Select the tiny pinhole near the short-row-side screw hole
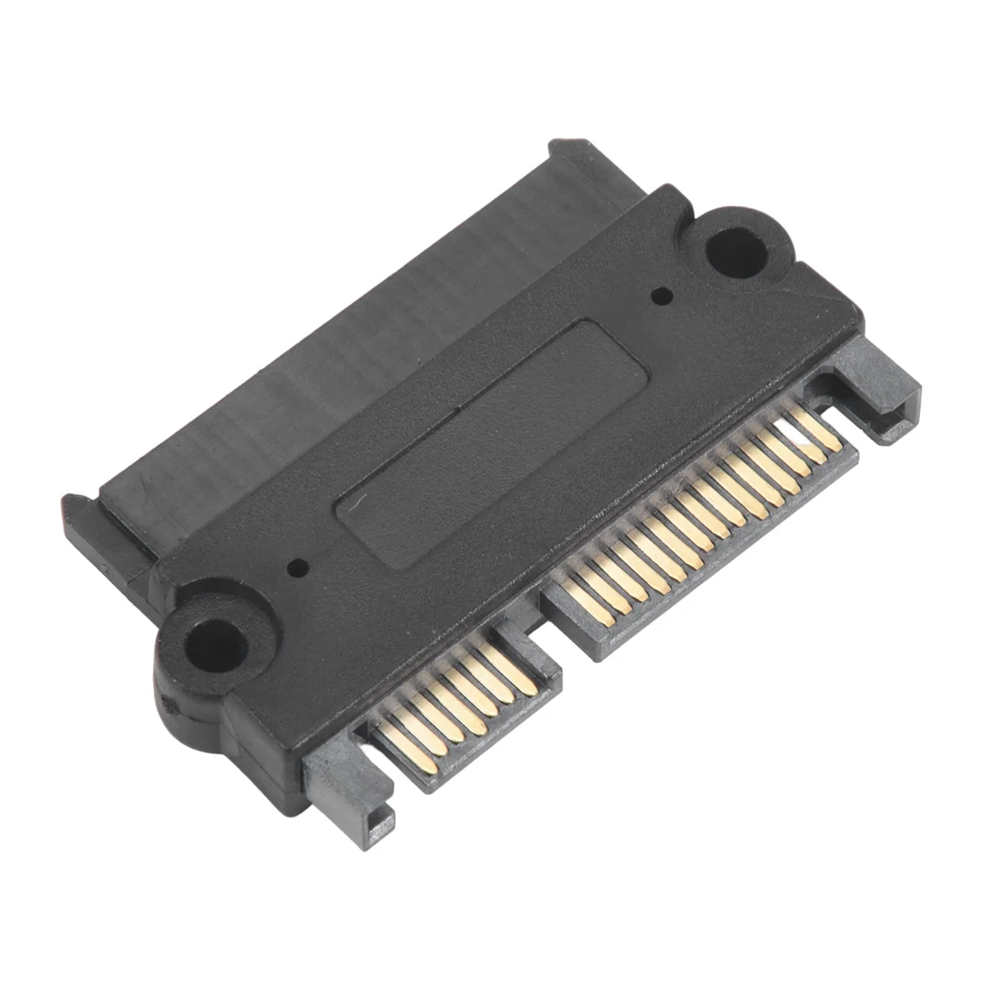297,565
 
